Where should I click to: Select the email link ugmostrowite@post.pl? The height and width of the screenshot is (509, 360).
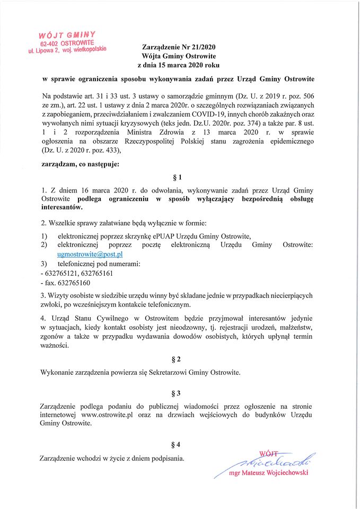[x=90, y=254]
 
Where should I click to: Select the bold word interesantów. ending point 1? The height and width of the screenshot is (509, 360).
[x=62, y=208]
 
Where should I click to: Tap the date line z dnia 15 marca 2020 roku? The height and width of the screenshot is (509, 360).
[x=174, y=65]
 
